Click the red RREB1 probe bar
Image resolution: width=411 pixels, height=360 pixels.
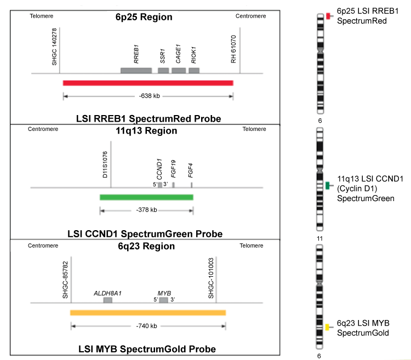(148, 83)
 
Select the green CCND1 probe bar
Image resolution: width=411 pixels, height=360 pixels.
(146, 197)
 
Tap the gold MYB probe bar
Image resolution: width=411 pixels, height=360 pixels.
(148, 312)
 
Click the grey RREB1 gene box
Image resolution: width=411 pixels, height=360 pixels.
(136, 71)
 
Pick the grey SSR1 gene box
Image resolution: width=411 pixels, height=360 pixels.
(163, 71)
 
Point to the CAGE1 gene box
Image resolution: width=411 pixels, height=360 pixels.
(179, 71)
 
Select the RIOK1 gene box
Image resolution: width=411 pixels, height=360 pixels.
(194, 71)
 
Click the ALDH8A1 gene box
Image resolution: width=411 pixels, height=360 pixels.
(108, 300)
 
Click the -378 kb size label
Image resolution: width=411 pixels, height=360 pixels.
(146, 210)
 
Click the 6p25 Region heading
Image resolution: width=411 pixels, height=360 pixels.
(144, 17)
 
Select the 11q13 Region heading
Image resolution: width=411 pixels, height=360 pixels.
(146, 131)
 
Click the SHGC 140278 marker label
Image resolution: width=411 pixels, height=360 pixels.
(54, 48)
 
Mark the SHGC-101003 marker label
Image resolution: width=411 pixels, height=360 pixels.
(211, 279)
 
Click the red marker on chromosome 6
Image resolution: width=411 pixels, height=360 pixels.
(327, 16)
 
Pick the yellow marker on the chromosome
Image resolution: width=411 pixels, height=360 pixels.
(327, 327)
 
